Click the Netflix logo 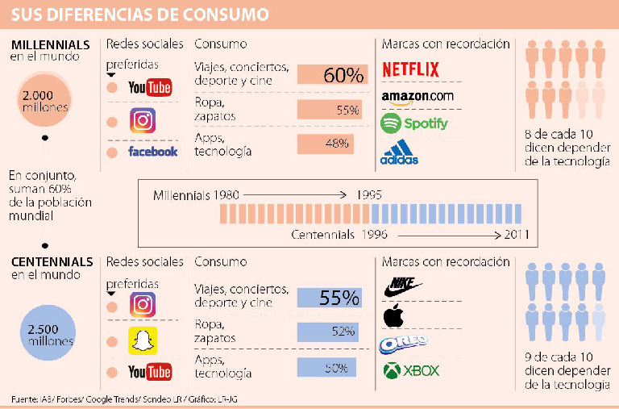coord(410,69)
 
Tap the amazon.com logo coord(417,97)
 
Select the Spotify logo coord(414,123)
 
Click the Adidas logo coord(400,153)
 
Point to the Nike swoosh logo coord(405,285)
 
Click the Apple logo coord(393,315)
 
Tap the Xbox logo coord(411,371)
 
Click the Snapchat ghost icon coord(143,340)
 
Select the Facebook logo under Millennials coord(152,151)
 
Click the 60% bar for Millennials coord(332,75)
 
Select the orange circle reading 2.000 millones coord(45,102)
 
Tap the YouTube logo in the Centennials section coord(150,371)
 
